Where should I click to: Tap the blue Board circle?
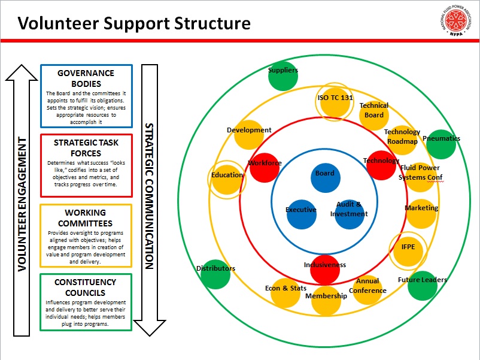point(326,178)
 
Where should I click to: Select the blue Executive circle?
point(302,214)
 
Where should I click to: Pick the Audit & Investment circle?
point(350,214)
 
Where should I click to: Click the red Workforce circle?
point(265,168)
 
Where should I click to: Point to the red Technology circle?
point(381,165)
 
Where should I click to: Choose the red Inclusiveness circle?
point(325,270)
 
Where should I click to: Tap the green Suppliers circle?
point(283,76)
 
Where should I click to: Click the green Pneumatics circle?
point(441,144)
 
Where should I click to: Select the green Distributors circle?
point(215,274)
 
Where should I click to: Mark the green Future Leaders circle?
point(423,286)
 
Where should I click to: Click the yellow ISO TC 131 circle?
point(335,102)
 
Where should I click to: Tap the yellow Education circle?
point(227,180)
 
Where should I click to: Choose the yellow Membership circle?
point(326,300)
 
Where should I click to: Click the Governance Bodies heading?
point(86,78)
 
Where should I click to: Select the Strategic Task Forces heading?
point(86,148)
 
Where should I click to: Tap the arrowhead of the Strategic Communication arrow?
point(150,328)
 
